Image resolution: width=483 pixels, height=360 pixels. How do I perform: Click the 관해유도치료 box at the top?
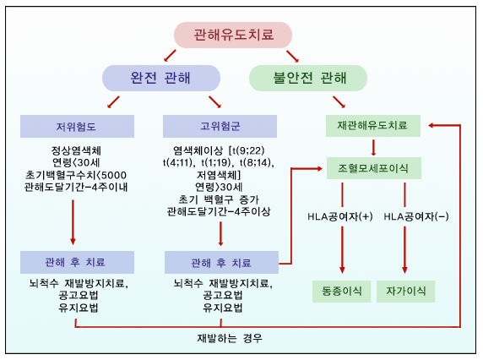point(233,35)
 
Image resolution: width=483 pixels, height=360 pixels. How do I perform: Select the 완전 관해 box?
point(160,79)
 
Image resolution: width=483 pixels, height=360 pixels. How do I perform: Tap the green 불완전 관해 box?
point(309,79)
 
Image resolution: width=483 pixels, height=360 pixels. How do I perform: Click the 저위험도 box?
point(71,127)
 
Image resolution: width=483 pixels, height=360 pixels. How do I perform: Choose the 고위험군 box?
point(219,127)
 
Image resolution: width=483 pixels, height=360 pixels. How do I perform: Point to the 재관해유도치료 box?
point(372,125)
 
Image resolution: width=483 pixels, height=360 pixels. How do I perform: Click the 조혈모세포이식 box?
point(372,168)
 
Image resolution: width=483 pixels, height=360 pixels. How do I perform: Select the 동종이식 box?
point(341,291)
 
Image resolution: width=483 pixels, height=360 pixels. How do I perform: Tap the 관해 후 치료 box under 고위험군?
point(221,260)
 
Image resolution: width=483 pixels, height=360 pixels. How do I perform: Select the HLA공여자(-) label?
point(416,215)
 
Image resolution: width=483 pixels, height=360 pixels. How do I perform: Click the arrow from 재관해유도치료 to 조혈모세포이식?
point(373,146)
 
